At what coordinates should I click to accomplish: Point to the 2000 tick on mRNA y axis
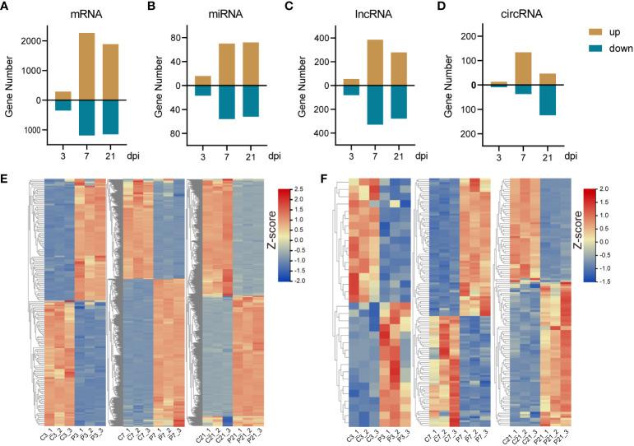point(30,41)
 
